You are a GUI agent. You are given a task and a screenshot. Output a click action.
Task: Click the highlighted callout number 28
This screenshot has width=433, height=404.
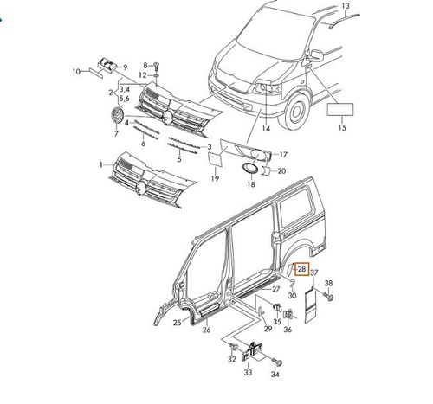pyautogui.click(x=302, y=269)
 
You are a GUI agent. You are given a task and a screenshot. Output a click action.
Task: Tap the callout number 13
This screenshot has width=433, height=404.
pyautogui.click(x=346, y=5)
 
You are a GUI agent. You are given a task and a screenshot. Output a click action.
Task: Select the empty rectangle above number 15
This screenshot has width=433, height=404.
pyautogui.click(x=340, y=110)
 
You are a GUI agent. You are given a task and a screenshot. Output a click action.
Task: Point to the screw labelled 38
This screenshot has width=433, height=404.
pyautogui.click(x=329, y=296)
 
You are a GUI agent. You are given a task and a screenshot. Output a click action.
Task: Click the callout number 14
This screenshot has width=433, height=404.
pyautogui.click(x=266, y=129)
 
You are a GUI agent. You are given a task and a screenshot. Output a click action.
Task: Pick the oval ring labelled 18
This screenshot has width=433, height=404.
pyautogui.click(x=249, y=168)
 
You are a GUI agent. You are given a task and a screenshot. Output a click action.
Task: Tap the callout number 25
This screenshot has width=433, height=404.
pyautogui.click(x=177, y=323)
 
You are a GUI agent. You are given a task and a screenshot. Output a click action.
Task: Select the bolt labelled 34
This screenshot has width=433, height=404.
pyautogui.click(x=277, y=362)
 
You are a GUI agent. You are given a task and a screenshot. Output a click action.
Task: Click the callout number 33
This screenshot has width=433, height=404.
pyautogui.click(x=248, y=373)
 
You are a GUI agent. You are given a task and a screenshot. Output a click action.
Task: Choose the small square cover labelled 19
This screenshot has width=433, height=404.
pyautogui.click(x=216, y=159)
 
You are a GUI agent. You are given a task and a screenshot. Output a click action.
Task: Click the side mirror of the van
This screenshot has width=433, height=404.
pyautogui.click(x=316, y=55)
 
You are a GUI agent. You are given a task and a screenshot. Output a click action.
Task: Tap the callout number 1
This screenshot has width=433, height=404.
pyautogui.click(x=101, y=164)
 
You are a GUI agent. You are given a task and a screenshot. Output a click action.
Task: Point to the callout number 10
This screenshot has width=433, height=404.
pyautogui.click(x=76, y=72)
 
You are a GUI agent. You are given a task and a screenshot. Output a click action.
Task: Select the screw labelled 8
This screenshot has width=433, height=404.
pyautogui.click(x=156, y=66)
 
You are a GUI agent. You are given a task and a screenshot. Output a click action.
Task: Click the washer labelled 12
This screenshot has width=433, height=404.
pyautogui.click(x=156, y=75)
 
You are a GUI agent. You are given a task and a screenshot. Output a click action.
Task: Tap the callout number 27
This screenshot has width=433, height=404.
pyautogui.click(x=276, y=289)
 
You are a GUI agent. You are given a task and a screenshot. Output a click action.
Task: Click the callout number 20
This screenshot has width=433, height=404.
pyautogui.click(x=281, y=171)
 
